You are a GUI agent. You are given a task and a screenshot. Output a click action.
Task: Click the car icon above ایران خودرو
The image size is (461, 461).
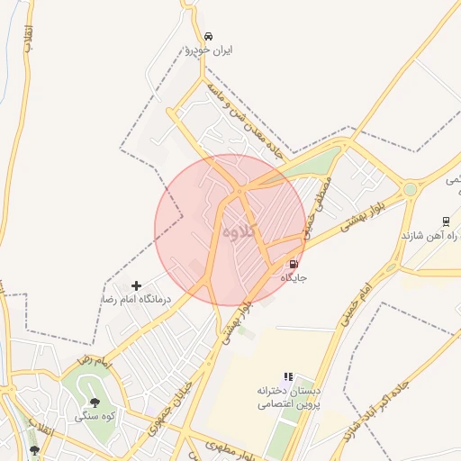click(209, 36)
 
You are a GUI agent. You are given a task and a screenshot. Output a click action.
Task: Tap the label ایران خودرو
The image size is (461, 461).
click(209, 51)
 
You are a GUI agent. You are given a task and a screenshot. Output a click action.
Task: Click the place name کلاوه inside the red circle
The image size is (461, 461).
click(240, 231)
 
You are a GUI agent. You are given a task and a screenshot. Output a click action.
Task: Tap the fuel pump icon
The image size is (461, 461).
click(293, 264)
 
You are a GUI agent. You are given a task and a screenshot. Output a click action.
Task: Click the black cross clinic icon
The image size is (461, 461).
click(137, 285)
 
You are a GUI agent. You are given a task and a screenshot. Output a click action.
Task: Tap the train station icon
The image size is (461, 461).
click(445, 221)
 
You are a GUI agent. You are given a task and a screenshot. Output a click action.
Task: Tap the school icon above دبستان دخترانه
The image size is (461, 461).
click(288, 377)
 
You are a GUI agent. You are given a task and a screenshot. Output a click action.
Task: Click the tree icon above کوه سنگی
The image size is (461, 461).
click(95, 402)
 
